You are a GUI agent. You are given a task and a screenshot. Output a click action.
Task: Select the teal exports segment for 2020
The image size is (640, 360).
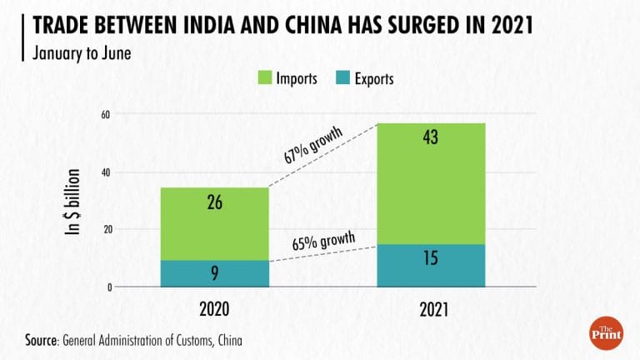tap(215, 273)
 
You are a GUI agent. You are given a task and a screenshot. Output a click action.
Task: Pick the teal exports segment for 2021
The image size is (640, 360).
tap(431, 266)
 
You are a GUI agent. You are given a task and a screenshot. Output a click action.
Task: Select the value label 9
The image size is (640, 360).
tap(215, 273)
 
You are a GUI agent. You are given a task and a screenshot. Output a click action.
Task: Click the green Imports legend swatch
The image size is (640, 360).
tap(263, 79)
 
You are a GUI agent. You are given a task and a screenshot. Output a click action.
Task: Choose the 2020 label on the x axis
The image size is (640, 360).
tap(215, 308)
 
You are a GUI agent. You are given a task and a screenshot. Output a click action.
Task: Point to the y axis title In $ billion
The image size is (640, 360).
tap(73, 202)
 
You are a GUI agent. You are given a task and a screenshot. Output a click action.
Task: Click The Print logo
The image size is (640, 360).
tap(606, 331)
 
